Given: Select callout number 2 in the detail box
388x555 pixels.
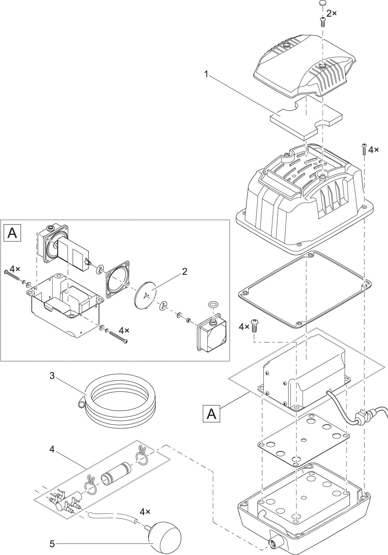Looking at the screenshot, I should coord(185,271).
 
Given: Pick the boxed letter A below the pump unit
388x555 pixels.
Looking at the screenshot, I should coord(211,414).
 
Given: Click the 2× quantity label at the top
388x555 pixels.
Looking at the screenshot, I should coord(332,13).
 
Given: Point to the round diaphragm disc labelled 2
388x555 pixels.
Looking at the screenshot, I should coord(146,296).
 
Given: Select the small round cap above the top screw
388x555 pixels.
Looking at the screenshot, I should coord(322,4).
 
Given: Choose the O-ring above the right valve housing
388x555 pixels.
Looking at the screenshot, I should coord(213,304).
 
